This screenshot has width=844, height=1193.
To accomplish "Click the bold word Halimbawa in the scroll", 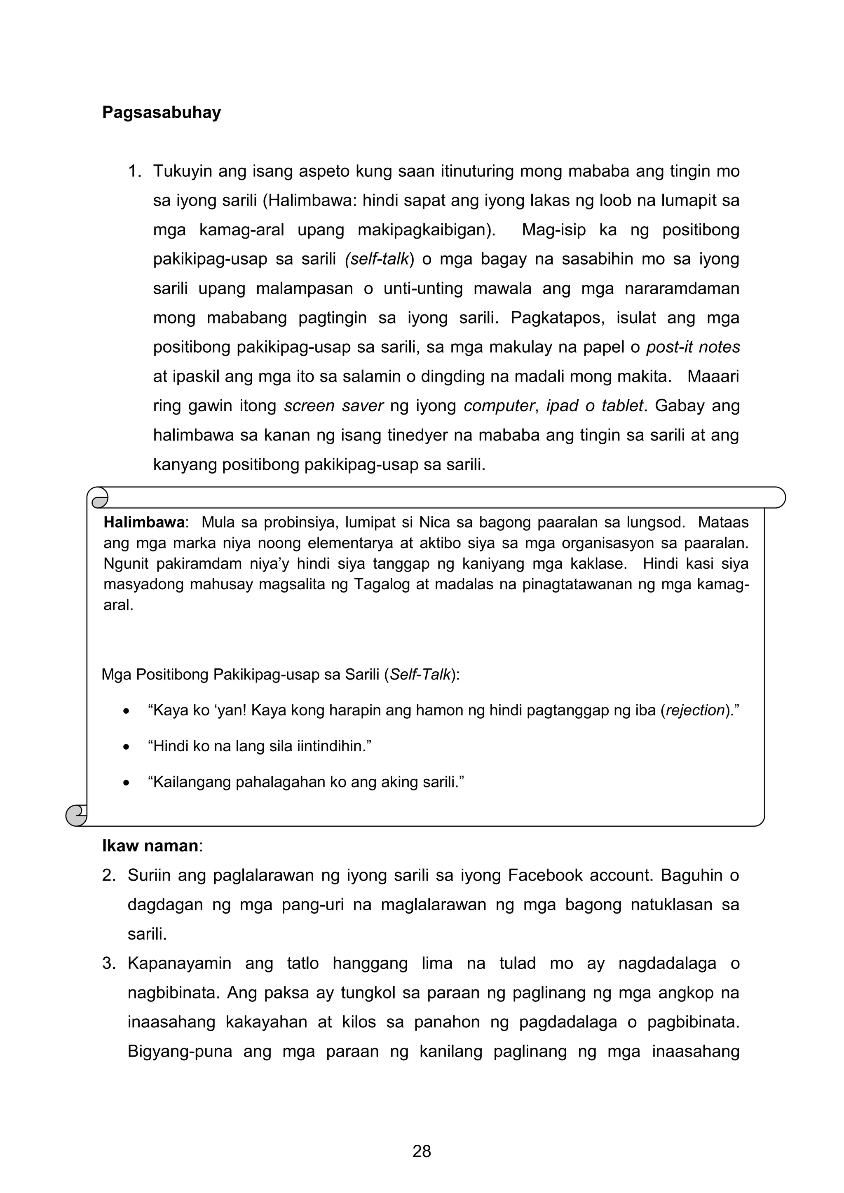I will tap(144, 522).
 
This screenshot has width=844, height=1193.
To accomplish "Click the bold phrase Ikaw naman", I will tap(150, 846).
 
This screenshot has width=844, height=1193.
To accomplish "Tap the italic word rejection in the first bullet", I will tap(695, 710).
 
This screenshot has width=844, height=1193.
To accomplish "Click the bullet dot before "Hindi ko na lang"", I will tap(126, 747).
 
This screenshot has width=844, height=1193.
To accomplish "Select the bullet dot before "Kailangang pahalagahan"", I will tap(126, 783).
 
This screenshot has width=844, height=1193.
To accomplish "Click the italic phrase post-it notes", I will tap(692, 347).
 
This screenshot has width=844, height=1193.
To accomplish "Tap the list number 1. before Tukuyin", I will tap(135, 171).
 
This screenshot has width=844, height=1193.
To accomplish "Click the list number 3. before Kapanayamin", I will tap(109, 963).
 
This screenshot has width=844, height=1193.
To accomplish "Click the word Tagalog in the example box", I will tap(383, 584).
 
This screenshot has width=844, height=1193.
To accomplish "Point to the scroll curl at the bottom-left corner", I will tap(76, 815).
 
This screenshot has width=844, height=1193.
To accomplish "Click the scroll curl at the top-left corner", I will tap(98, 498).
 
